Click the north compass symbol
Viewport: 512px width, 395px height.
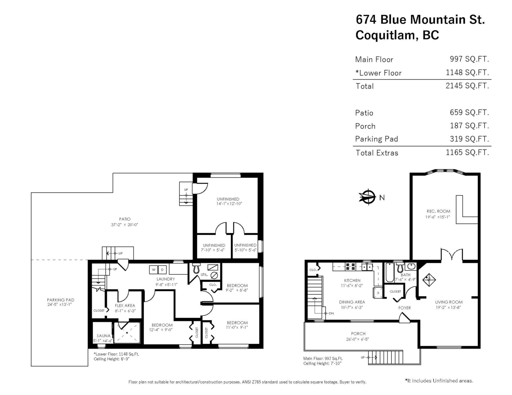pyautogui.click(x=366, y=197)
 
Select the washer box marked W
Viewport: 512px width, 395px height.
pyautogui.click(x=153, y=270)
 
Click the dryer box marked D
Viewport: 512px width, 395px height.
pyautogui.click(x=162, y=270)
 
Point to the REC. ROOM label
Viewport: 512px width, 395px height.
pyautogui.click(x=438, y=211)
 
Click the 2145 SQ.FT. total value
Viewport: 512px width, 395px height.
pyautogui.click(x=467, y=86)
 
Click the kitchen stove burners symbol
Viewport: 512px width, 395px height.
pyautogui.click(x=351, y=267)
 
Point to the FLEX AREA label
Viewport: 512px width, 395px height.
pyautogui.click(x=125, y=305)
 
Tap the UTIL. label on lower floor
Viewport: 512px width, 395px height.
pyautogui.click(x=204, y=274)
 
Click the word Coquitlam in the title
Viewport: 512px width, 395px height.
pyautogui.click(x=385, y=36)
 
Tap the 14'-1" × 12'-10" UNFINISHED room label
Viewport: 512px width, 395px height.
pyautogui.click(x=228, y=204)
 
